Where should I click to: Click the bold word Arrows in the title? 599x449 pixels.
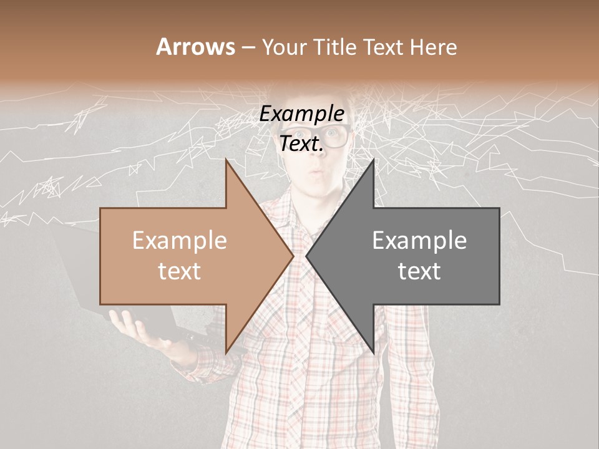pyautogui.click(x=195, y=47)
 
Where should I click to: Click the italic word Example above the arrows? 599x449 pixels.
pyautogui.click(x=302, y=114)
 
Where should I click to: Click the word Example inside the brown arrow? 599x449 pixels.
pyautogui.click(x=179, y=241)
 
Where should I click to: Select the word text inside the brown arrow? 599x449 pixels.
pyautogui.click(x=179, y=271)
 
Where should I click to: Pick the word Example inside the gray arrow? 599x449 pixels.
pyautogui.click(x=419, y=241)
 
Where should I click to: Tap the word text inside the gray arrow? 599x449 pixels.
pyautogui.click(x=419, y=271)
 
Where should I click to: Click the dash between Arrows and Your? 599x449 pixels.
pyautogui.click(x=248, y=47)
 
